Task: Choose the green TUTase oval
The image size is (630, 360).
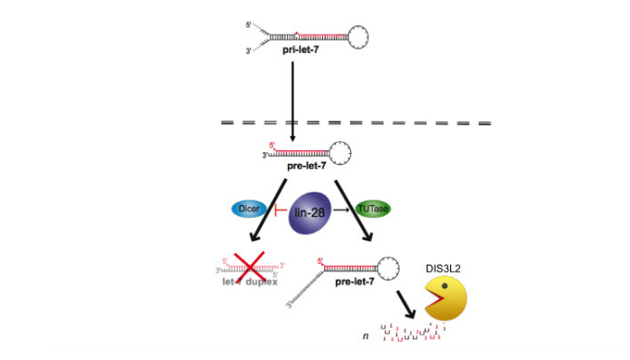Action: [372, 208]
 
